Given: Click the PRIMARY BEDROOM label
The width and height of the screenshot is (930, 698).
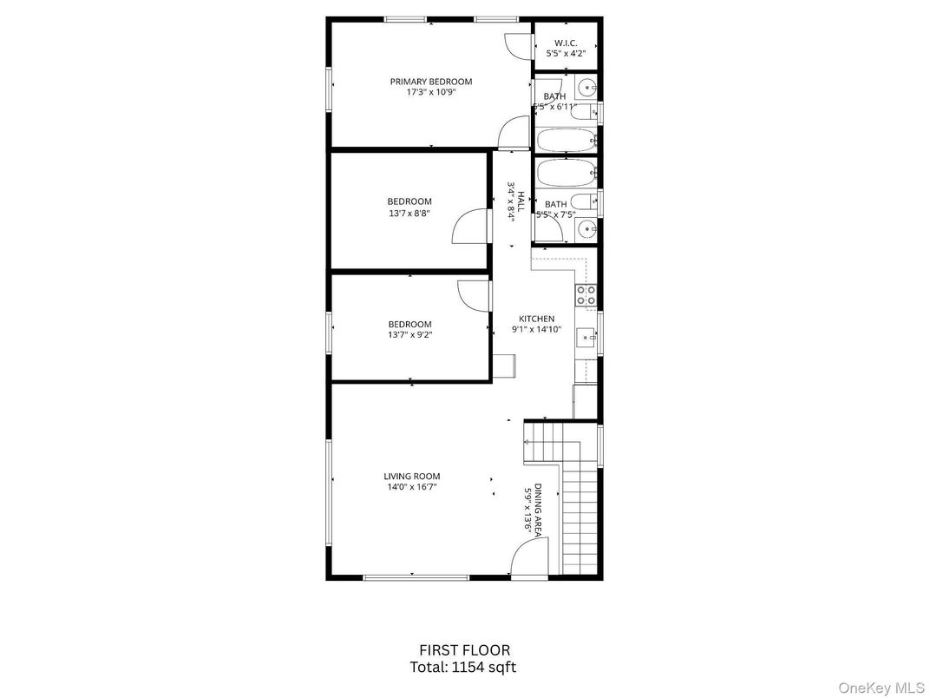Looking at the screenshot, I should (431, 82).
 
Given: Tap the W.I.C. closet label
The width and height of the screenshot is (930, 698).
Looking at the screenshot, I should (566, 43).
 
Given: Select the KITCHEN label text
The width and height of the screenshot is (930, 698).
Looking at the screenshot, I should (536, 319).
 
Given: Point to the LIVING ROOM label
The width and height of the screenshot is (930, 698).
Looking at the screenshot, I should (412, 476).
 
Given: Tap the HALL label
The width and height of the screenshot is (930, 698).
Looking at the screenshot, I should (521, 202).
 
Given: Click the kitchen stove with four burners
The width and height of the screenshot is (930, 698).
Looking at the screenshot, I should (586, 295).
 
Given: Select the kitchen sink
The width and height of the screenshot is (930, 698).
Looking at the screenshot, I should (586, 337).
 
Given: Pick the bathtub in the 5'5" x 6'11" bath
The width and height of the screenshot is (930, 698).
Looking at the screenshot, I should (566, 139).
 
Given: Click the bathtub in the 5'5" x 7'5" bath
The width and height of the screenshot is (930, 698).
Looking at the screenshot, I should (566, 170).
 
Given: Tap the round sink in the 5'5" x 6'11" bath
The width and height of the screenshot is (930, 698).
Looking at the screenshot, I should (586, 88).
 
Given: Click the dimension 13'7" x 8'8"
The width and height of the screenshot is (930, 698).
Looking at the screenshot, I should (409, 213).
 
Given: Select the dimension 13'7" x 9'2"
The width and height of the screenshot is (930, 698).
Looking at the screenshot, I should (409, 334).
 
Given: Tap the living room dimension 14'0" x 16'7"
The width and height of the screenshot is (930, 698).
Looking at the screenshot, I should (412, 487).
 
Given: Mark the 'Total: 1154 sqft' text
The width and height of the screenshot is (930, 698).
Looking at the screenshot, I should (464, 667).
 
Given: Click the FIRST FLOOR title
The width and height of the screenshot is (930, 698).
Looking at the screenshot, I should (464, 649).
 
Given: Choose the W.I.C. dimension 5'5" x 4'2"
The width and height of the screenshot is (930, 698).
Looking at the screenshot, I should (566, 54).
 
